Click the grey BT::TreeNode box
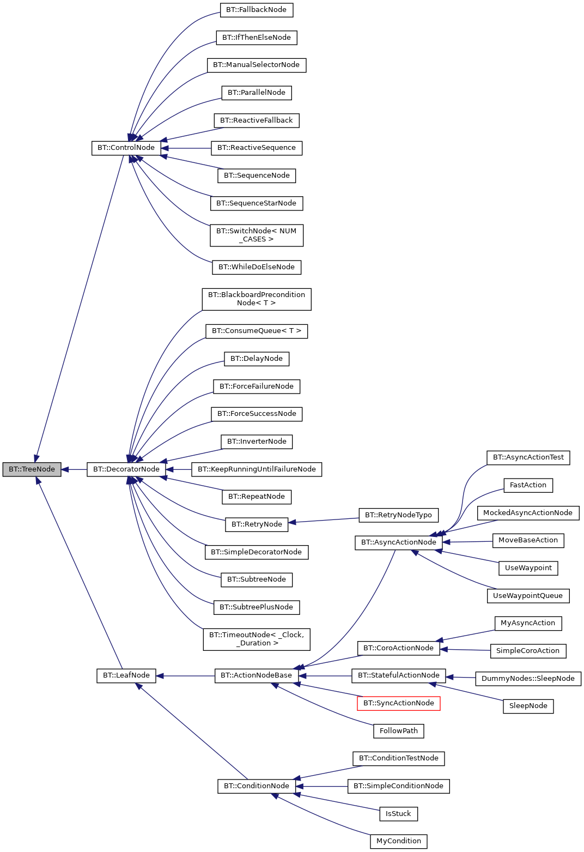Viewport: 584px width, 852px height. [32, 469]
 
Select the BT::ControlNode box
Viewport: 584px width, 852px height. [126, 148]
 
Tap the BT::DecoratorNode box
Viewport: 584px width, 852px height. [126, 469]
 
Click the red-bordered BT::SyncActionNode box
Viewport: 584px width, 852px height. [398, 703]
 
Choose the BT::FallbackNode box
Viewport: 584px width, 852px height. [257, 10]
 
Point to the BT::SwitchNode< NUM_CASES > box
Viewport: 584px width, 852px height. [257, 235]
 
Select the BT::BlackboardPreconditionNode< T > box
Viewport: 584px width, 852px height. [257, 299]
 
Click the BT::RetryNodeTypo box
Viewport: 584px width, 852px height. [398, 515]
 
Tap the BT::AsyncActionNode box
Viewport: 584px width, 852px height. [398, 542]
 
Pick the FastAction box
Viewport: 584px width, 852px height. [528, 485]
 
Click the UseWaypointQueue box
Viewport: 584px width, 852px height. [528, 596]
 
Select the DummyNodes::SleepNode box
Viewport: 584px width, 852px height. [528, 679]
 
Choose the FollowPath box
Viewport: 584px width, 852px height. [398, 731]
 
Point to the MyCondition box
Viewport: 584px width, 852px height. [398, 841]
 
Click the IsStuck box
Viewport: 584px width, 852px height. [398, 814]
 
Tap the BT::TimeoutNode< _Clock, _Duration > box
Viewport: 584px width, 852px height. [257, 639]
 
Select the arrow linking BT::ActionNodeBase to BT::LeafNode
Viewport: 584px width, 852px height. [185, 676]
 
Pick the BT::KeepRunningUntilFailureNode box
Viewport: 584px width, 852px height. [257, 469]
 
